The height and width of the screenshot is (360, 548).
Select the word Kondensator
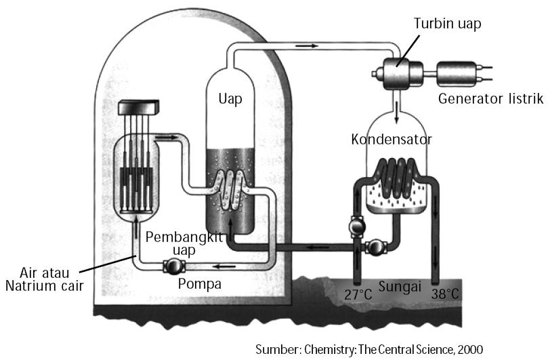(x=392, y=140)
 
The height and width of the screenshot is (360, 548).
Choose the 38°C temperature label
(x=446, y=295)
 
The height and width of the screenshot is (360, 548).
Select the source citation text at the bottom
(x=370, y=350)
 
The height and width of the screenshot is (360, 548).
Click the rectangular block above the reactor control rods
(x=138, y=107)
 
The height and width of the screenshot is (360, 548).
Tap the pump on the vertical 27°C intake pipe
(x=356, y=224)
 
